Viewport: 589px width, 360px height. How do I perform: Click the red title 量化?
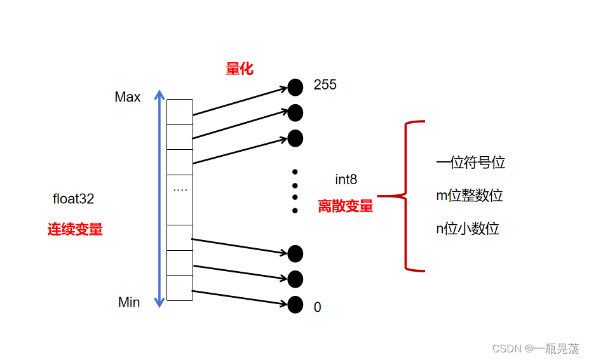click(x=240, y=69)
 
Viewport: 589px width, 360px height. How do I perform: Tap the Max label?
click(x=128, y=97)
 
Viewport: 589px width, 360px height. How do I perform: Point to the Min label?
click(x=129, y=302)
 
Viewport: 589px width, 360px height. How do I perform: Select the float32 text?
click(x=73, y=199)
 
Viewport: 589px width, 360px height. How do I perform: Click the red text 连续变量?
click(x=75, y=230)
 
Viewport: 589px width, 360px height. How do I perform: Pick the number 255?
click(x=325, y=85)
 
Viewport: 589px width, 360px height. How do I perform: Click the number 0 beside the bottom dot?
click(x=317, y=307)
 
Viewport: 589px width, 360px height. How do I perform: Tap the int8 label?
click(x=346, y=180)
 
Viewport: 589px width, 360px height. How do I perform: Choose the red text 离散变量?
click(x=346, y=206)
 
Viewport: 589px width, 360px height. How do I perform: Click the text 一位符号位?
click(x=471, y=163)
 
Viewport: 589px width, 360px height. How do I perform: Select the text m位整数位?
click(x=470, y=196)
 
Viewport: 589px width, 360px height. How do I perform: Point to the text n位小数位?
click(x=468, y=229)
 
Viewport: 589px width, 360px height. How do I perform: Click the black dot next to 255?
click(x=295, y=87)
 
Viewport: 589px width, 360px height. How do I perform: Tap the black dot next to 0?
click(x=295, y=305)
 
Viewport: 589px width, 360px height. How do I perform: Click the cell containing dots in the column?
click(x=180, y=199)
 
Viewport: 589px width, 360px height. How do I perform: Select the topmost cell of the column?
click(x=180, y=112)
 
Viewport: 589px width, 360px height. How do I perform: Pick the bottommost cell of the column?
click(x=180, y=288)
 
